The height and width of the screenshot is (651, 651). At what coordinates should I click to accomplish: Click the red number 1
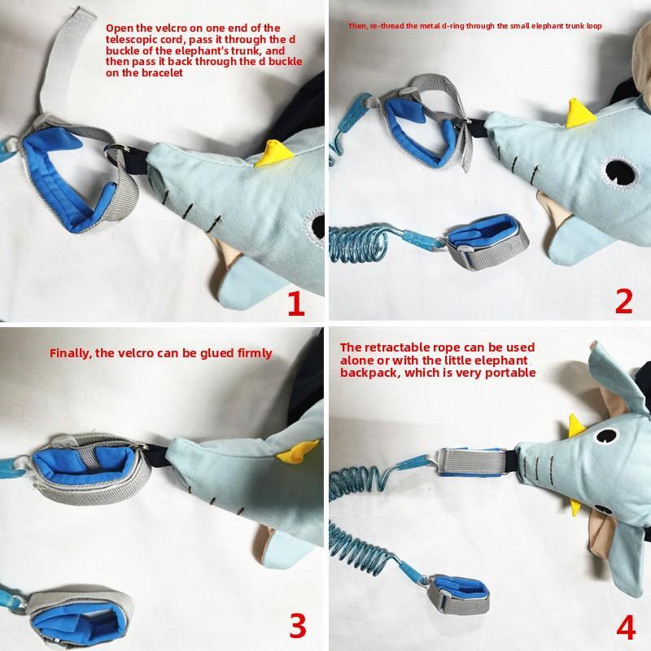tap(296, 304)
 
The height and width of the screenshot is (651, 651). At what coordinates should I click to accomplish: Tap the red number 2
tap(623, 301)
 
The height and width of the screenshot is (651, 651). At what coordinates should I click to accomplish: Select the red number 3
tap(298, 626)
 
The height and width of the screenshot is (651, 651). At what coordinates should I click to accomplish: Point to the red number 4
tap(626, 627)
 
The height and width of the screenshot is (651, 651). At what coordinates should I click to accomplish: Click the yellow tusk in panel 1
tap(274, 154)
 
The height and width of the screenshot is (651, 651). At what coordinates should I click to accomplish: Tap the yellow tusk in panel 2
tap(580, 113)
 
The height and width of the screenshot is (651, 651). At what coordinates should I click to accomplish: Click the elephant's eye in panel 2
tap(622, 173)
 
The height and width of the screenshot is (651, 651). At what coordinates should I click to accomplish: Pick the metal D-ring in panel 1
tap(117, 152)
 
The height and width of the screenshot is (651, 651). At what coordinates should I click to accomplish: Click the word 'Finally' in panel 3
tap(69, 353)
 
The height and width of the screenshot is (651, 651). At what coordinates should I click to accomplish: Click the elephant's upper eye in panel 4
tap(605, 435)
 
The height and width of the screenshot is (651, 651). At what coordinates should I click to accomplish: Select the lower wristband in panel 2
tap(487, 241)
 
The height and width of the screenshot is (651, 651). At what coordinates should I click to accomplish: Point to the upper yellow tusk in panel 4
tap(577, 425)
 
